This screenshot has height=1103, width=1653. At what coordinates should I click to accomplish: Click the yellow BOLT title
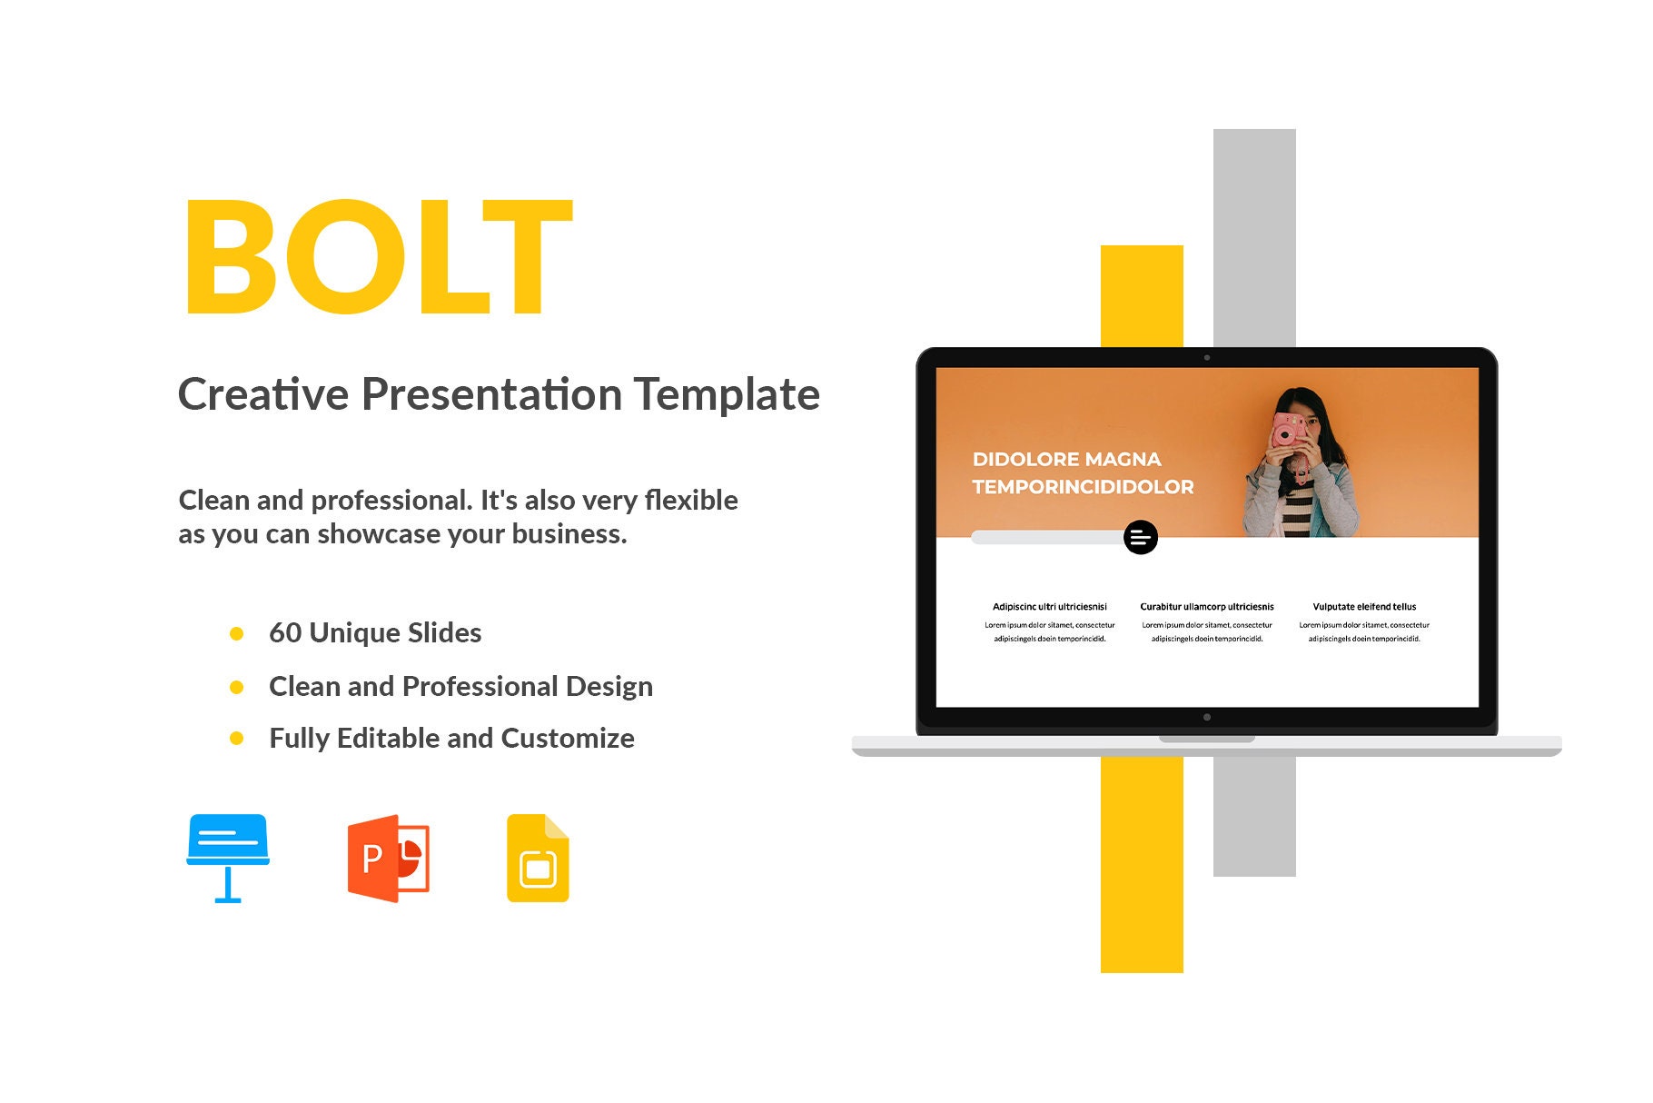[378, 257]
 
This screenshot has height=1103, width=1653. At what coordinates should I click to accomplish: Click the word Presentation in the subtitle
[491, 395]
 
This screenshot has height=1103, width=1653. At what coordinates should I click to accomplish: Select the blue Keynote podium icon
[228, 857]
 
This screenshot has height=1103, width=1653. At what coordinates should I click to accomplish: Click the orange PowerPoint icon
[388, 858]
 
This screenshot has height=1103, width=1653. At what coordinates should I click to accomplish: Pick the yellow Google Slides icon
[538, 858]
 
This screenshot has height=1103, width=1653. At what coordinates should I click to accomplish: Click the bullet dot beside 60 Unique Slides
[237, 634]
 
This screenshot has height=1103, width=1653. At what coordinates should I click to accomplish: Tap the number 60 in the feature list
[284, 633]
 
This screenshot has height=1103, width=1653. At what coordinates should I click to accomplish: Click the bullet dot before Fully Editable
[237, 739]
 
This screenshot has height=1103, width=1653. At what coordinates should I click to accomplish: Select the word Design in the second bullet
[609, 687]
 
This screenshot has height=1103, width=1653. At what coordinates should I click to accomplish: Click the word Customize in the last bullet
[568, 739]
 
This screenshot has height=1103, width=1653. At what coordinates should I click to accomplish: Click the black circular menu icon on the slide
[1140, 538]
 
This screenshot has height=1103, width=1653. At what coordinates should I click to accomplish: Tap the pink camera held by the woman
[1286, 431]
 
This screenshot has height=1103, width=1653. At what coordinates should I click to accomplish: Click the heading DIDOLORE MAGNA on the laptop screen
[1066, 460]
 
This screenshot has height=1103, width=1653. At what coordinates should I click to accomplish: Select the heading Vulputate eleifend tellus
[1363, 607]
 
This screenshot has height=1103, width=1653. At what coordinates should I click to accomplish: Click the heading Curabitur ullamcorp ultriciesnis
[1206, 607]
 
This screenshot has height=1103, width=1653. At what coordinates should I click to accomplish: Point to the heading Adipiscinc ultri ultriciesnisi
[1049, 607]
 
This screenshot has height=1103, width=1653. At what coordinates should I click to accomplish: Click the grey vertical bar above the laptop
[1254, 236]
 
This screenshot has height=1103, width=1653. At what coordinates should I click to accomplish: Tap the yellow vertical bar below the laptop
[1142, 863]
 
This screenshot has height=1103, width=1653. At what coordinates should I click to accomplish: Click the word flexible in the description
[690, 501]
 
